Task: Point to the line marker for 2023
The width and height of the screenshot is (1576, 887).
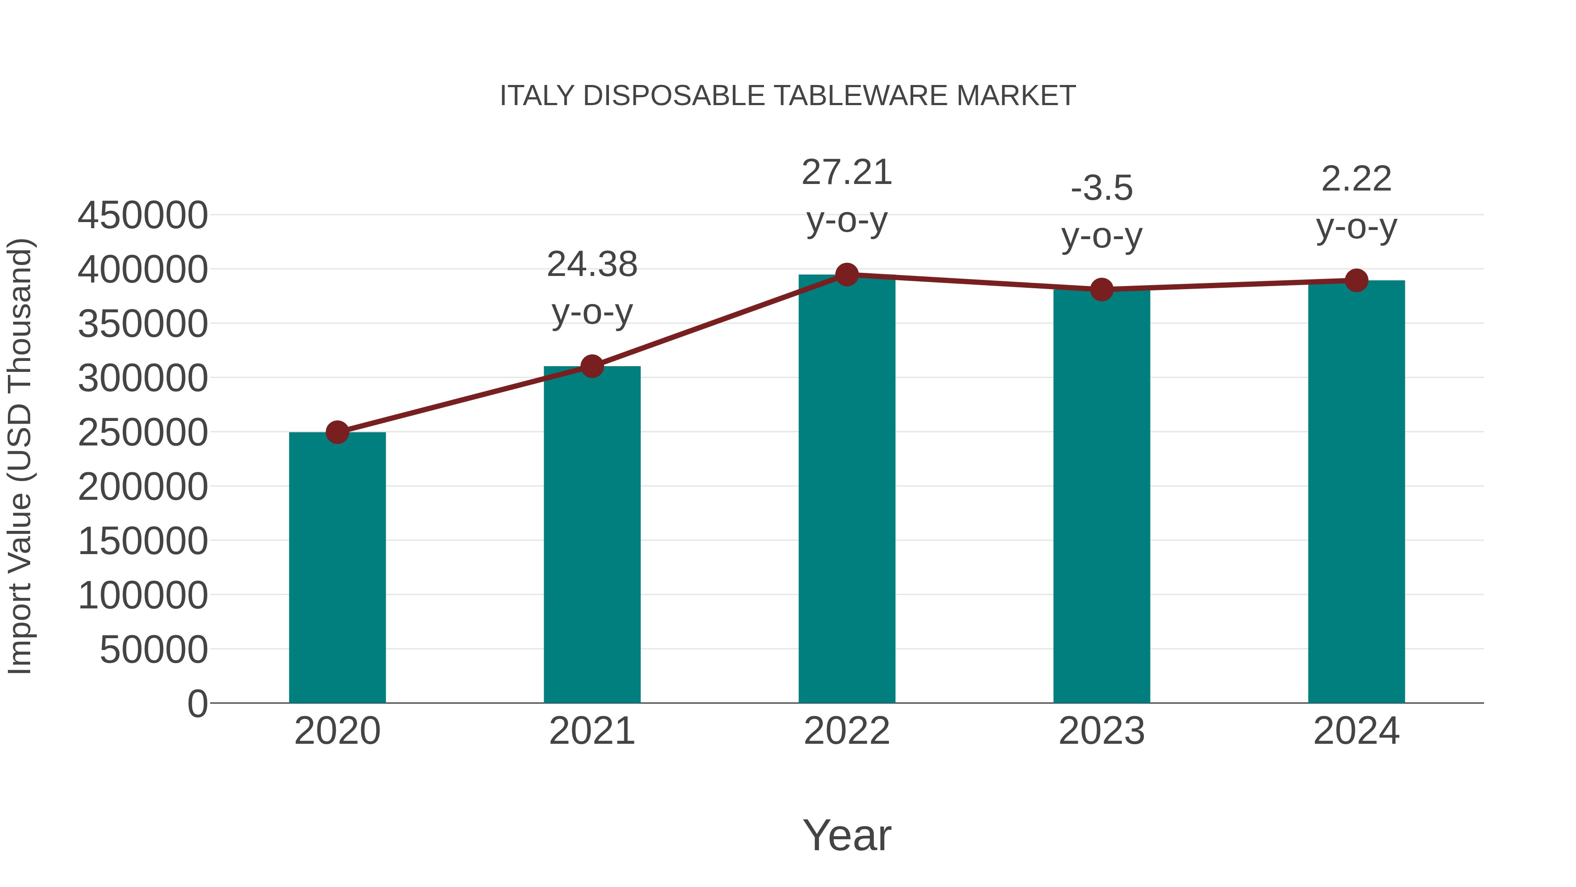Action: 1101,289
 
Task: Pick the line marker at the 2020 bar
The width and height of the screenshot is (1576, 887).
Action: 337,432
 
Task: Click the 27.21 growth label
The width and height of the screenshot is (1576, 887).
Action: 847,173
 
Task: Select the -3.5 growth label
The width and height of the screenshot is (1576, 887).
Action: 1101,188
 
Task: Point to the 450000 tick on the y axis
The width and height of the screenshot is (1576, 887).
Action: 143,216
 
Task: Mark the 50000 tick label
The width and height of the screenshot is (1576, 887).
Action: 154,650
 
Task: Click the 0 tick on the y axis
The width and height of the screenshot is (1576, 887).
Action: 197,703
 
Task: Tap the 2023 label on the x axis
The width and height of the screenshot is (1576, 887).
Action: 1101,731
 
